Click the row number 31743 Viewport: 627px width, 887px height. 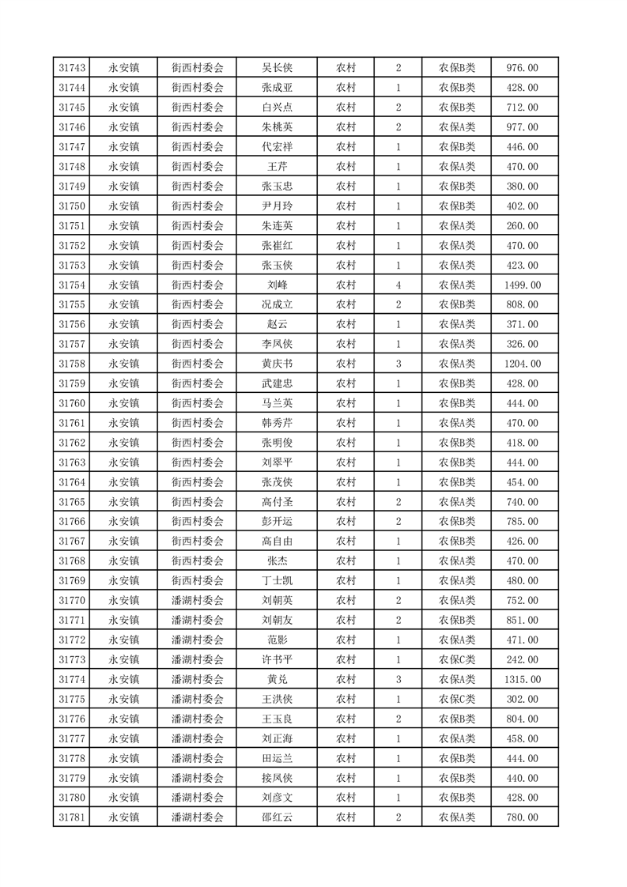pos(72,68)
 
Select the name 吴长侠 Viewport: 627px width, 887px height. pos(277,68)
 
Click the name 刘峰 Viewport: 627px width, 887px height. pos(277,285)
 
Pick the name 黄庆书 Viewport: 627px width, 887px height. pos(277,364)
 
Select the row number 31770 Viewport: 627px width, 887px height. pos(72,600)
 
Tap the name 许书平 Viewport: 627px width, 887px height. pos(277,659)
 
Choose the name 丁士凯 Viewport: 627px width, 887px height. pos(277,580)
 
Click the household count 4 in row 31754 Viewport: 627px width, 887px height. pos(398,285)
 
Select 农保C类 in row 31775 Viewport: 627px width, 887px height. pos(457,699)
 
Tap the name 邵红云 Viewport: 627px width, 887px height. pos(277,817)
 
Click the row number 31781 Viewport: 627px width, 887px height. pos(72,817)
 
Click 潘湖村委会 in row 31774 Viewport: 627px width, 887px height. pos(198,679)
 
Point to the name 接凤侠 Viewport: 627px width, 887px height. pos(277,778)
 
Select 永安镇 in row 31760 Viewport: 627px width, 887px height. pos(124,403)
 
